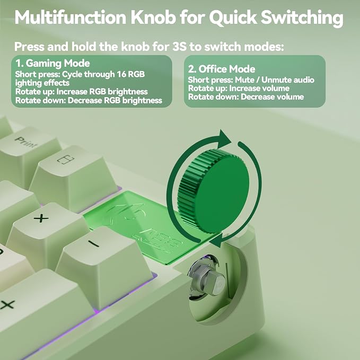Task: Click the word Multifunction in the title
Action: (71, 17)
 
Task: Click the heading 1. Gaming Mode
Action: (52, 63)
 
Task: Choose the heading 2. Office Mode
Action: (222, 69)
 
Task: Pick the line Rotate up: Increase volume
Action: (239, 89)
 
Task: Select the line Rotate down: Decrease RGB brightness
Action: (89, 100)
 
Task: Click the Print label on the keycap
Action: (25, 142)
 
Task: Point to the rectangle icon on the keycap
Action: (65, 159)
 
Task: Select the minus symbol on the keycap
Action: (94, 244)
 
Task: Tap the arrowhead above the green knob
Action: (223, 139)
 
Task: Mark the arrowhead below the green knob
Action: (216, 240)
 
